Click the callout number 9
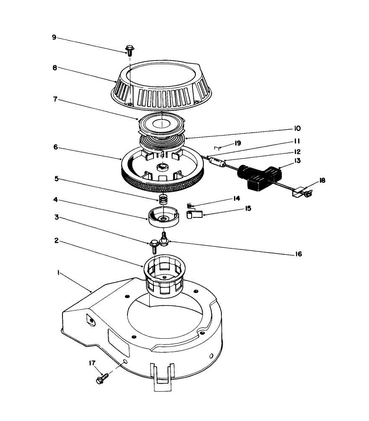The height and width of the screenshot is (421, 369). click(54, 37)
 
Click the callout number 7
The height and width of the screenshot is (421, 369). click(54, 100)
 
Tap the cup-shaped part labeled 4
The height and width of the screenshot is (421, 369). click(164, 217)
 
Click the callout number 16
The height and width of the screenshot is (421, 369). click(298, 254)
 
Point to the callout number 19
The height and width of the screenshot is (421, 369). click(237, 143)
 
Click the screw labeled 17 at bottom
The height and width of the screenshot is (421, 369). click(102, 378)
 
